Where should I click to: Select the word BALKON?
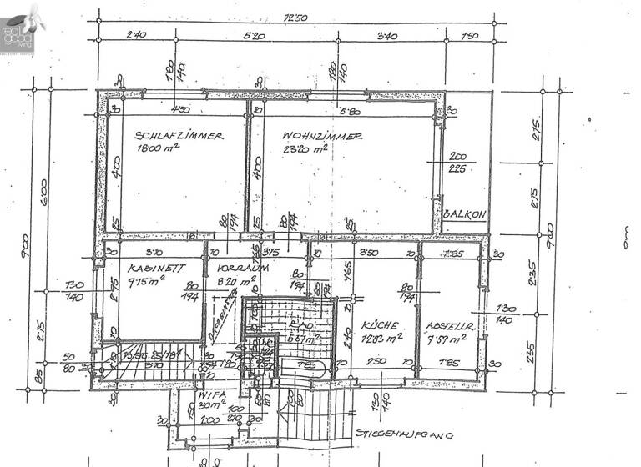click(x=464, y=213)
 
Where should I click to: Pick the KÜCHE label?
click(x=377, y=325)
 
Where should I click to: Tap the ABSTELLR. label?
click(x=450, y=325)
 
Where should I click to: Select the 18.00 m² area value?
click(x=159, y=149)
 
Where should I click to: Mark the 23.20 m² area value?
click(x=305, y=149)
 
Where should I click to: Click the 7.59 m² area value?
click(x=449, y=338)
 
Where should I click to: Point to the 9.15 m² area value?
click(x=148, y=281)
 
